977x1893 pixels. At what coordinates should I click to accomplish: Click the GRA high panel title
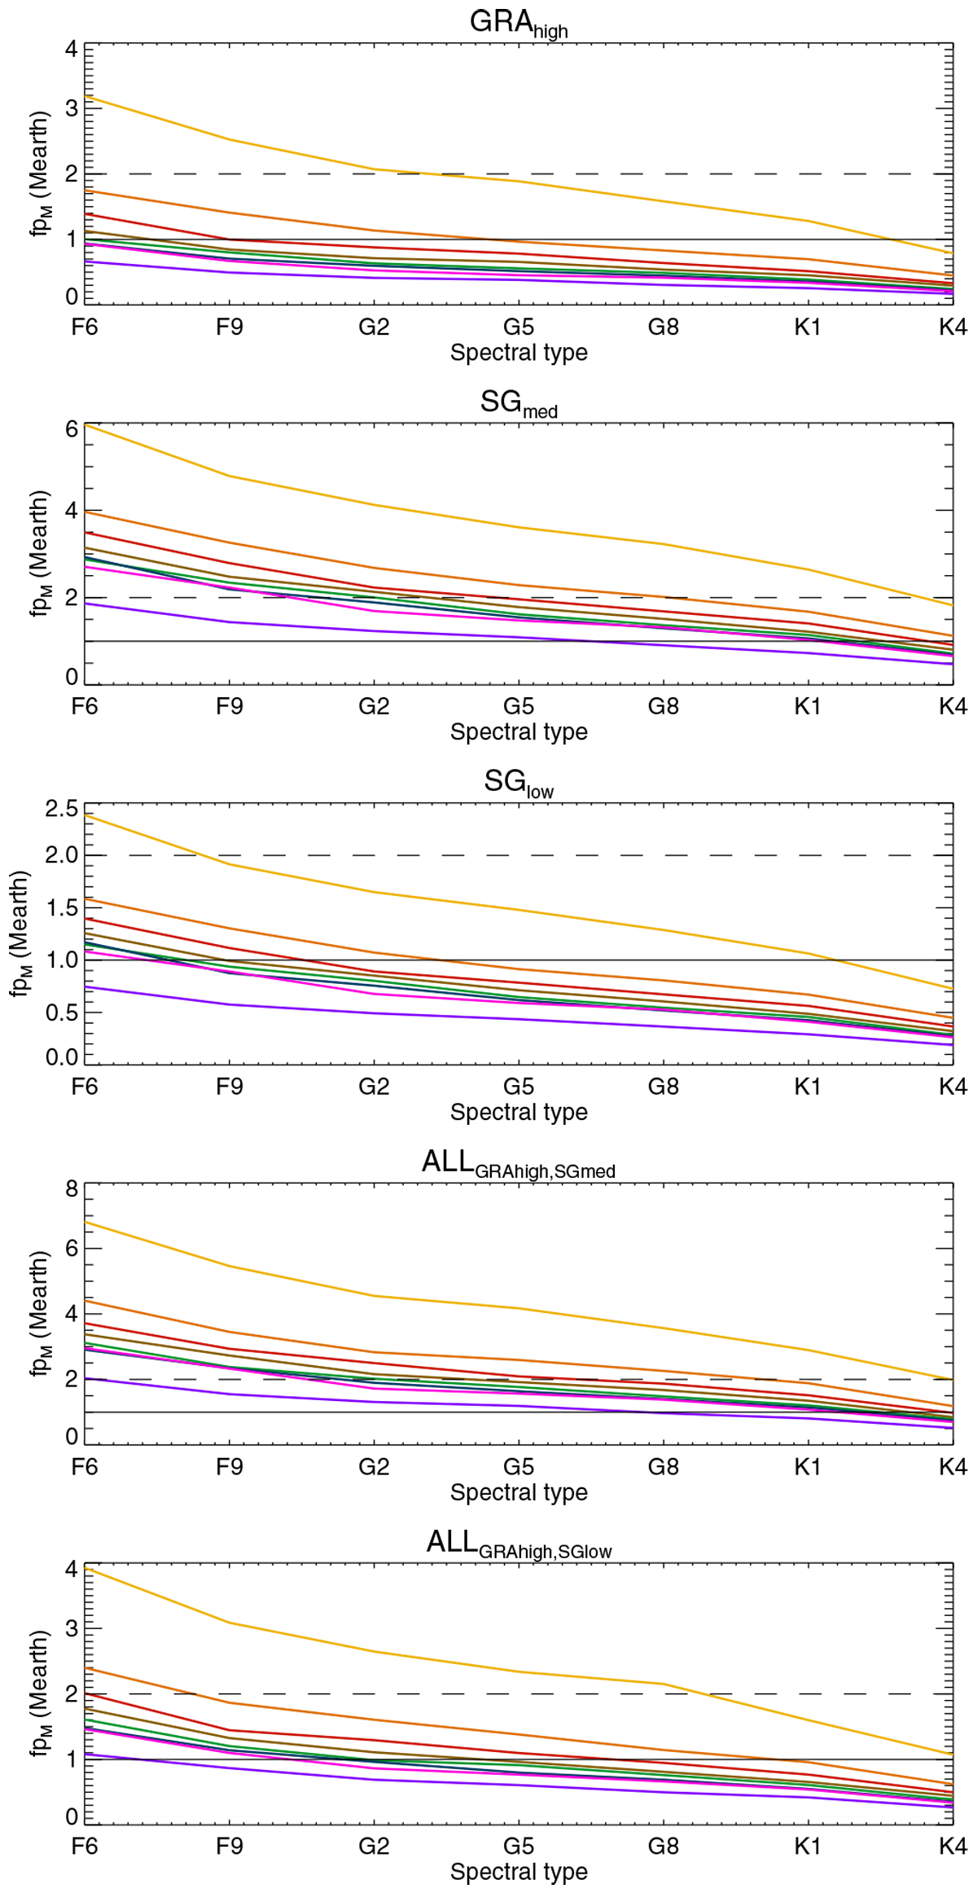pos(519,23)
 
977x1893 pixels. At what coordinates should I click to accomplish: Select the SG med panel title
pos(519,403)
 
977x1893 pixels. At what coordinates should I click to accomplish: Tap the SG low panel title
pos(519,783)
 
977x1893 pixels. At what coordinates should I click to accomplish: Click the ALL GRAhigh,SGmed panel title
pos(519,1163)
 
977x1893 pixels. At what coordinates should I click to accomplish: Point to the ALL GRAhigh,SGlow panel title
pos(519,1544)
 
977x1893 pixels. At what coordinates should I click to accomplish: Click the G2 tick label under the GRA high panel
pos(374,327)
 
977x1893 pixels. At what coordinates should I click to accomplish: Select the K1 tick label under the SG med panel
pos(807,706)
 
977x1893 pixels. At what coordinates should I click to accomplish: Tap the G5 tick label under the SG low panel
pos(519,1087)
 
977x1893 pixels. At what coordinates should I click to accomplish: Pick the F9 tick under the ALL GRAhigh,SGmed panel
pos(230,1467)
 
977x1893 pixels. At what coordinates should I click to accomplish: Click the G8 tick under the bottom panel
pos(663,1847)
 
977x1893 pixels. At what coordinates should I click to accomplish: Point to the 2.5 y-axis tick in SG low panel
pos(62,809)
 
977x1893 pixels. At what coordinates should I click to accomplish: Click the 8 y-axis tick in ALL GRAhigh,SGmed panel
pos(72,1189)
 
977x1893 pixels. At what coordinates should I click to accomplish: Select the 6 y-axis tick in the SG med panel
pos(72,429)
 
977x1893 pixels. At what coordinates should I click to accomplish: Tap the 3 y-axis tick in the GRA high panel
pos(72,108)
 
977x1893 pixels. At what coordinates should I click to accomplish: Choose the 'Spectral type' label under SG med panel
pos(519,731)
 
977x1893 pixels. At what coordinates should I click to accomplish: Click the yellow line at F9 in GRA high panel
pos(230,140)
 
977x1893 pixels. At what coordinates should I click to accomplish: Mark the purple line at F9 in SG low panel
pos(230,1004)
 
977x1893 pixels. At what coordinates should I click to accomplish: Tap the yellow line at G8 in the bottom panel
pos(663,1684)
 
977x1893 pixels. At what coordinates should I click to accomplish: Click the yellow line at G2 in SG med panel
pos(374,505)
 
